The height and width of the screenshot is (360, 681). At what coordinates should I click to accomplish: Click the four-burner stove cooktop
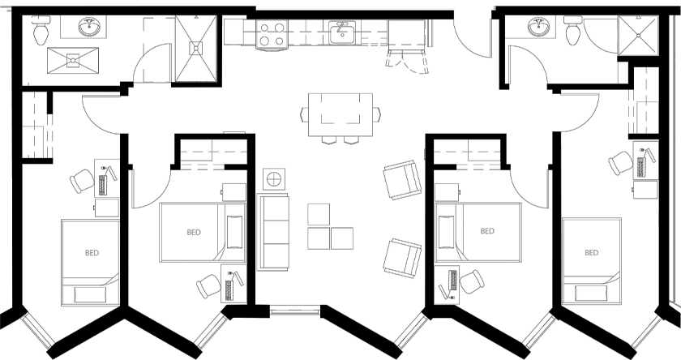[270, 34]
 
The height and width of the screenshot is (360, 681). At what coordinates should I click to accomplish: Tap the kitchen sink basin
[341, 32]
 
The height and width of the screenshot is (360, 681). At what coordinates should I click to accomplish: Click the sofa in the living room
[273, 231]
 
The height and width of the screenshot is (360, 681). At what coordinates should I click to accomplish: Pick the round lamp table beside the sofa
[273, 178]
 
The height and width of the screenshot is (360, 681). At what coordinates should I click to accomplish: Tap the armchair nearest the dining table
[401, 180]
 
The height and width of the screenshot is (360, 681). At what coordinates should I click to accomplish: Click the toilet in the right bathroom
[573, 32]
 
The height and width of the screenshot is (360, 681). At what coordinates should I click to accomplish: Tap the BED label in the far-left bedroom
[92, 253]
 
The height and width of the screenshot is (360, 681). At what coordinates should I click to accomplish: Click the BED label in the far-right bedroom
[592, 252]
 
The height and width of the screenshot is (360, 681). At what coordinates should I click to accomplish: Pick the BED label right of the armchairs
[487, 232]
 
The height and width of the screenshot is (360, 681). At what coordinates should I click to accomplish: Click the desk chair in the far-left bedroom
[82, 179]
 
